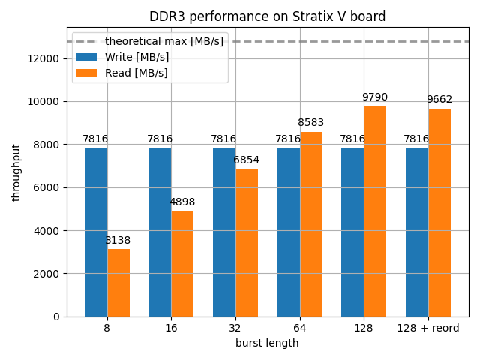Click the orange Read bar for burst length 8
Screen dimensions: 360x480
(118, 283)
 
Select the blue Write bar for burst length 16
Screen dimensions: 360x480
(160, 232)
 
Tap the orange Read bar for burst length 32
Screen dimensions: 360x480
(247, 242)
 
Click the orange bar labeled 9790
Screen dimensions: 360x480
(375, 211)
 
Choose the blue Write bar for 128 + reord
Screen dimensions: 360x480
(417, 232)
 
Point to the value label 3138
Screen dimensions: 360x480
(118, 241)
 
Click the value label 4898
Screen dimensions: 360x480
(182, 202)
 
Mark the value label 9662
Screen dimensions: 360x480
(439, 100)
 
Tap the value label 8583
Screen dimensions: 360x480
(311, 123)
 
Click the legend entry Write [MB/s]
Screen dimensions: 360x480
(136, 57)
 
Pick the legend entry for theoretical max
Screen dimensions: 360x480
(163, 41)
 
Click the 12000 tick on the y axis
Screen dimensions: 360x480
(44, 58)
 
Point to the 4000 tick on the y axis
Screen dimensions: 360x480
(47, 230)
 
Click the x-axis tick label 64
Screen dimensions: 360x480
(300, 328)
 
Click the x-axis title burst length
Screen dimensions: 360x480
(267, 343)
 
